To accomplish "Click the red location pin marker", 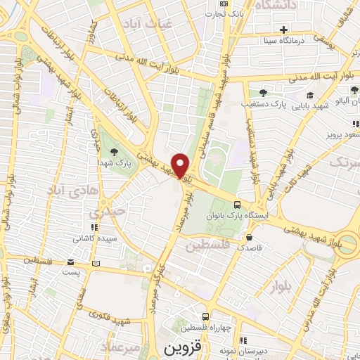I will point(181,165).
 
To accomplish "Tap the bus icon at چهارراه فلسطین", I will point(205,316).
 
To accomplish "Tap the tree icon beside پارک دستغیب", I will point(263,92).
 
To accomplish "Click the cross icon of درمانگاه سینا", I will point(283,30).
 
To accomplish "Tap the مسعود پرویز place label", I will point(343,134).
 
